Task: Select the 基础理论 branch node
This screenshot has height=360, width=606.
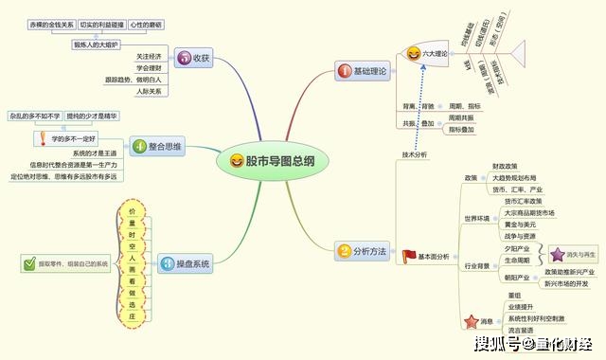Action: [363, 72]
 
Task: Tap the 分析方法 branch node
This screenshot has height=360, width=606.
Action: [363, 251]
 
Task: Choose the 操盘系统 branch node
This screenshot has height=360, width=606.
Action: [186, 263]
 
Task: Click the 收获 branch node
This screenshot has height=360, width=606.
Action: [192, 58]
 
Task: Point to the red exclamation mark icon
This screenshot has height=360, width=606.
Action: [42, 138]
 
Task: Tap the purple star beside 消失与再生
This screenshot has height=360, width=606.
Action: [557, 253]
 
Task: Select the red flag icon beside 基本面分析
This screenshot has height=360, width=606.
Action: [408, 256]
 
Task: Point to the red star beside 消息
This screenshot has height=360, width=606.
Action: [473, 322]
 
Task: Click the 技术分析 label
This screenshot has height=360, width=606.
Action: [415, 153]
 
